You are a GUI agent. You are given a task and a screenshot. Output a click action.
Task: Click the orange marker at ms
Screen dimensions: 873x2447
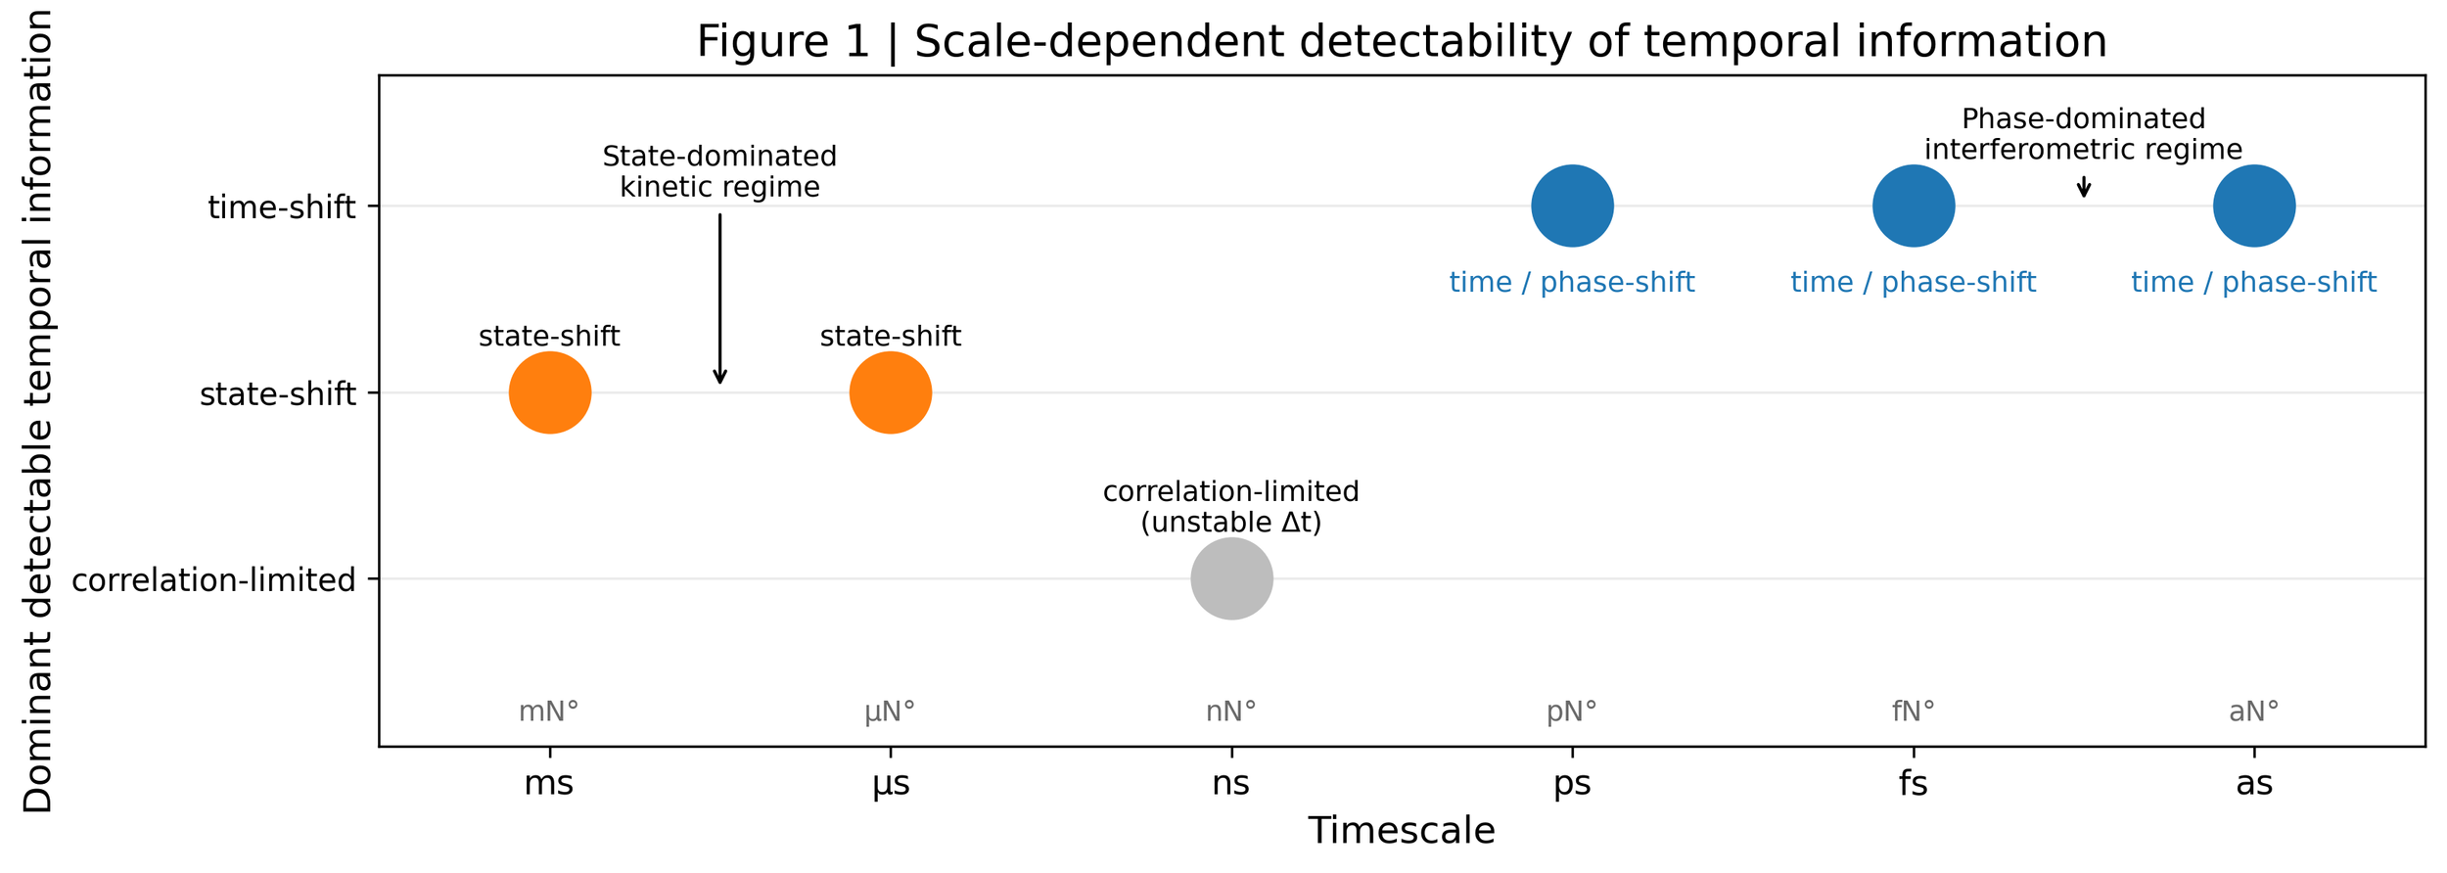[x=550, y=392]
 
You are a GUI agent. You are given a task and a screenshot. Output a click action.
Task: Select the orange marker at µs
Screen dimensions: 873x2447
[x=891, y=392]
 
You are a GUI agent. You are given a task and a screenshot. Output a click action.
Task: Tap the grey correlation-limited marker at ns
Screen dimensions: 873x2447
[x=1231, y=578]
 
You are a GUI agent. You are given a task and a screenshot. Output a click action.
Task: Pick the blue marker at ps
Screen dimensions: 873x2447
[x=1572, y=206]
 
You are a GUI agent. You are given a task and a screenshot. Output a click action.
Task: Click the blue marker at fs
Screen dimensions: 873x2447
[x=1914, y=206]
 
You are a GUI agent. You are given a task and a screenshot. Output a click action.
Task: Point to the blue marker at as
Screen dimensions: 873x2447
[x=2254, y=206]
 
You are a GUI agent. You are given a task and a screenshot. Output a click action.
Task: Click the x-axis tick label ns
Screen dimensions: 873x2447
[x=1231, y=784]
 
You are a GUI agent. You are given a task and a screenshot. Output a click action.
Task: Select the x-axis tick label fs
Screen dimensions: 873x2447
[x=1914, y=784]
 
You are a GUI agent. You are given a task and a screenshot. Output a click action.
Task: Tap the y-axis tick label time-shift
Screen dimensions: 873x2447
[x=282, y=207]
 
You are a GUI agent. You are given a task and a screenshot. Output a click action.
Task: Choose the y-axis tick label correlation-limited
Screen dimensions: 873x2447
[x=213, y=580]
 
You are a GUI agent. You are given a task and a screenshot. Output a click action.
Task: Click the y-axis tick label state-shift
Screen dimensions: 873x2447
[x=278, y=394]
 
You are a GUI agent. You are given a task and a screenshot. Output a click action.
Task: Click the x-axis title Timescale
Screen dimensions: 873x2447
[x=1402, y=831]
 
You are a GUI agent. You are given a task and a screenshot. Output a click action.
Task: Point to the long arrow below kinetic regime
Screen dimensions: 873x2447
[x=720, y=299]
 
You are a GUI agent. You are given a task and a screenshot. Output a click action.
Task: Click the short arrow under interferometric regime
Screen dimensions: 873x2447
[x=2084, y=187]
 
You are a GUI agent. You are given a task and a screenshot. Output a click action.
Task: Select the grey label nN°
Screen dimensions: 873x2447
[x=1231, y=712]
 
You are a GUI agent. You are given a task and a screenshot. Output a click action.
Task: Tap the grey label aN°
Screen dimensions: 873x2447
[x=2254, y=712]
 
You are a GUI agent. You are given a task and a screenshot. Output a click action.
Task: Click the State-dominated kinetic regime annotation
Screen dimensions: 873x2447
[x=720, y=171]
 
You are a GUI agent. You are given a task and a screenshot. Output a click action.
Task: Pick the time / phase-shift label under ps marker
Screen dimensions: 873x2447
[x=1572, y=283]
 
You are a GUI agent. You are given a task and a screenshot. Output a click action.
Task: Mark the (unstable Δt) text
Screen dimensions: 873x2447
[x=1231, y=523]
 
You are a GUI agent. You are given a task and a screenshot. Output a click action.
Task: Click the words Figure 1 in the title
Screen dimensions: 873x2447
[x=783, y=42]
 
